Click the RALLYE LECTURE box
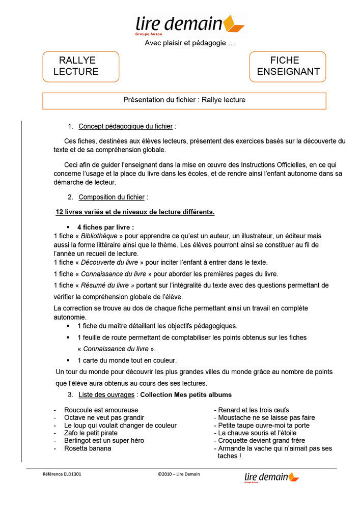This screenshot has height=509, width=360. click(80, 66)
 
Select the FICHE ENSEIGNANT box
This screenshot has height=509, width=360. click(288, 66)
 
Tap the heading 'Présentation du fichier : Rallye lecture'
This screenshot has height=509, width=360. click(184, 100)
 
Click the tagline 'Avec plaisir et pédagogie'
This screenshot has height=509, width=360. click(189, 43)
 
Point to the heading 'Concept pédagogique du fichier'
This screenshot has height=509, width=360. click(126, 126)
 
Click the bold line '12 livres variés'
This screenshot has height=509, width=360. click(135, 212)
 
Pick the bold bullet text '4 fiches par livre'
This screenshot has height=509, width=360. click(105, 227)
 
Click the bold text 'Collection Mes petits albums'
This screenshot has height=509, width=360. click(186, 394)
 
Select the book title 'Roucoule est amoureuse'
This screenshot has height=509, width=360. click(101, 410)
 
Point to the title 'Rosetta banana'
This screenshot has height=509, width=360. click(88, 448)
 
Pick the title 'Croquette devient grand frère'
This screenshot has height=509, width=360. click(261, 441)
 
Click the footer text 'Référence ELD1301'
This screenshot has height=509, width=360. click(62, 474)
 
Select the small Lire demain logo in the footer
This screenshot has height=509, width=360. click(271, 477)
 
